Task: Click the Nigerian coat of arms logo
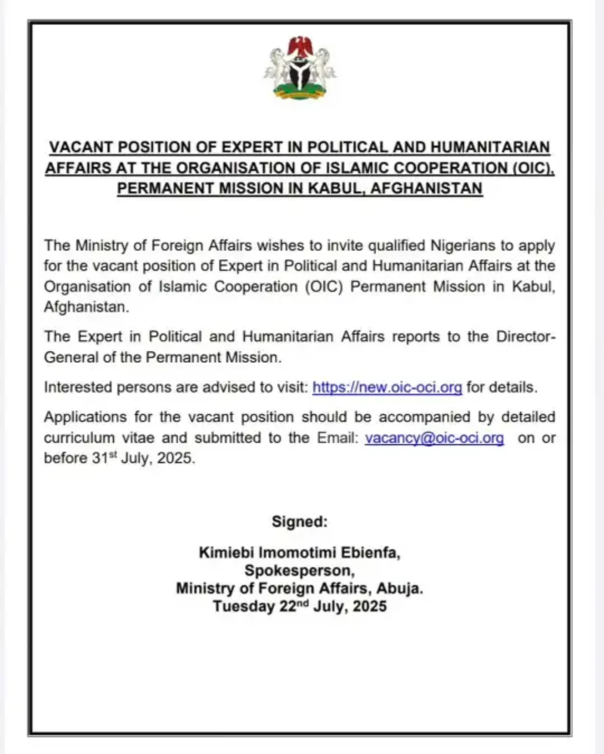point(300,68)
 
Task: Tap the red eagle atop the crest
point(300,46)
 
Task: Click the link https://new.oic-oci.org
point(387,387)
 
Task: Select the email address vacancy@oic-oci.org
point(434,438)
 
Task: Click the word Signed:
point(299,521)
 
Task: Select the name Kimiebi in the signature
point(226,553)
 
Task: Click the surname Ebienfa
point(371,553)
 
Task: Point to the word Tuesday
point(244,606)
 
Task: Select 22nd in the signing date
point(294,606)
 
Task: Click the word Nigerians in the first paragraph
point(463,246)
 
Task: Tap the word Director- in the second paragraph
point(526,336)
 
